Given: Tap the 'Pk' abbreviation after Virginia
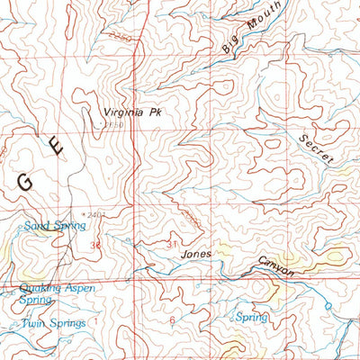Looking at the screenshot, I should (162, 112).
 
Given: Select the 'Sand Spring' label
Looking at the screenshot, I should (55, 226).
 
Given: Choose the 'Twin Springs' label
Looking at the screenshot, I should (54, 323).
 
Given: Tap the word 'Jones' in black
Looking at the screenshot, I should (196, 254).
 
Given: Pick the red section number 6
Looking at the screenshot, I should (171, 319).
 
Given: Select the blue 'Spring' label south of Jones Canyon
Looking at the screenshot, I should (251, 317).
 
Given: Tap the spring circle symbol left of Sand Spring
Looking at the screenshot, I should (20, 228).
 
